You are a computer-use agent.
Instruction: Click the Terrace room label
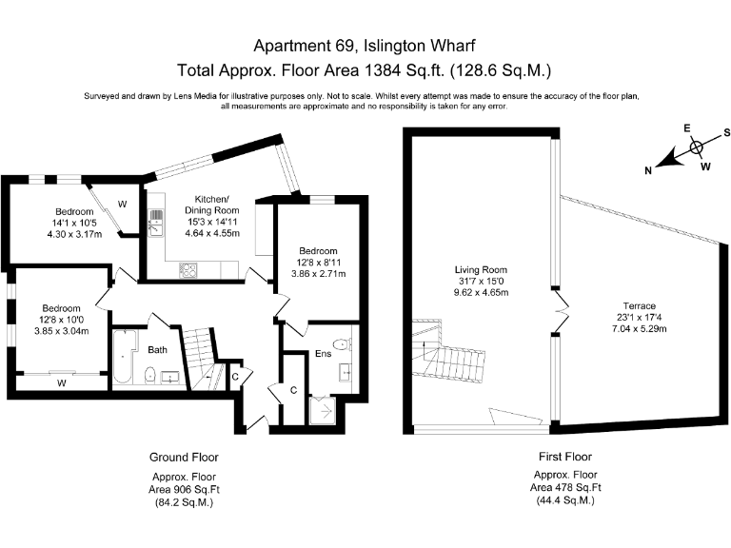pyautogui.click(x=640, y=306)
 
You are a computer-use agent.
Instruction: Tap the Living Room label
pyautogui.click(x=481, y=270)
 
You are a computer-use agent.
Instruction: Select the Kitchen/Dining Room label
pyautogui.click(x=212, y=205)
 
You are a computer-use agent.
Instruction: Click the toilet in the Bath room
pyautogui.click(x=150, y=375)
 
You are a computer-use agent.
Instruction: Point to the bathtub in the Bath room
pyautogui.click(x=124, y=357)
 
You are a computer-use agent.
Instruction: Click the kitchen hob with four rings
pyautogui.click(x=188, y=270)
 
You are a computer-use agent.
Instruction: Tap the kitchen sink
pyautogui.click(x=156, y=223)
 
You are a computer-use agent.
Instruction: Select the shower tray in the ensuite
pyautogui.click(x=323, y=411)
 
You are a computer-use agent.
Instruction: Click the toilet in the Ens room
pyautogui.click(x=344, y=344)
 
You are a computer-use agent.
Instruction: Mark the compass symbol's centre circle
pyautogui.click(x=696, y=147)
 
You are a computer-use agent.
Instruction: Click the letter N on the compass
pyautogui.click(x=648, y=171)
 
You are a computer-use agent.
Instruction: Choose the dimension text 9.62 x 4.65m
pyautogui.click(x=481, y=293)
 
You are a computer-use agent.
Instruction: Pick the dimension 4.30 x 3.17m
pyautogui.click(x=74, y=234)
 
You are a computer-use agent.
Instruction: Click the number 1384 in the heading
pyautogui.click(x=383, y=70)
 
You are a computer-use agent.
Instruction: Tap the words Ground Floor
pyautogui.click(x=184, y=457)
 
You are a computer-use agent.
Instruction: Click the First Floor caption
pyautogui.click(x=565, y=457)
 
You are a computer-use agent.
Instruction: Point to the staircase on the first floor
pyautogui.click(x=447, y=352)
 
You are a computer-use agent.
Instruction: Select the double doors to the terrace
pyautogui.click(x=562, y=311)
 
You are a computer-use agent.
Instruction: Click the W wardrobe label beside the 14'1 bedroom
pyautogui.click(x=122, y=205)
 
